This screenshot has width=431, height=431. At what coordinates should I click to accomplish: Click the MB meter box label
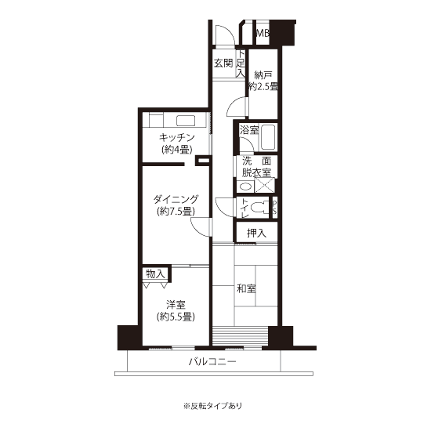point(263,33)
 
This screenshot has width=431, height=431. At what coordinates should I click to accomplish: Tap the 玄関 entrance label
point(223,63)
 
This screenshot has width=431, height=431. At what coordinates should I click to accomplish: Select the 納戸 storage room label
point(263,75)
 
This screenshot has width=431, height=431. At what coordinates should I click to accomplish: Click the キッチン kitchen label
point(177,137)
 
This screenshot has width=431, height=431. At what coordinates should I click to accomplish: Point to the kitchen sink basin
point(186,121)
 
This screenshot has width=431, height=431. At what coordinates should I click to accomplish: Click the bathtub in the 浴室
point(268,137)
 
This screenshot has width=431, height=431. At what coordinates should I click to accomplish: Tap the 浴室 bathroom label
point(249,129)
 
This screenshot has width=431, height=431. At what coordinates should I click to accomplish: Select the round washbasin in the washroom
point(246,187)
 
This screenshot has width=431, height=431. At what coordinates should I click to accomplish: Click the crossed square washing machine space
point(264,185)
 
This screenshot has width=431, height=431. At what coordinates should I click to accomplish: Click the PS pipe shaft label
point(274,208)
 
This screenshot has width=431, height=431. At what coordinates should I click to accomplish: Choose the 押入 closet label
point(256,233)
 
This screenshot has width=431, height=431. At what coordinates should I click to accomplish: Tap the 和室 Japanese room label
point(246,288)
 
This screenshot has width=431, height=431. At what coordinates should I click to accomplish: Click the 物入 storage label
point(155,273)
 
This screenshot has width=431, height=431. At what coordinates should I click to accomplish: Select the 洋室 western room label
point(176,305)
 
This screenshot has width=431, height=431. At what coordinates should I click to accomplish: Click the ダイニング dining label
point(176,199)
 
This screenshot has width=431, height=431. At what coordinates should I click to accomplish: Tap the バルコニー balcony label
point(212,361)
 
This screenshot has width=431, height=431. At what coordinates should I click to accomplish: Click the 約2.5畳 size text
point(263,86)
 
